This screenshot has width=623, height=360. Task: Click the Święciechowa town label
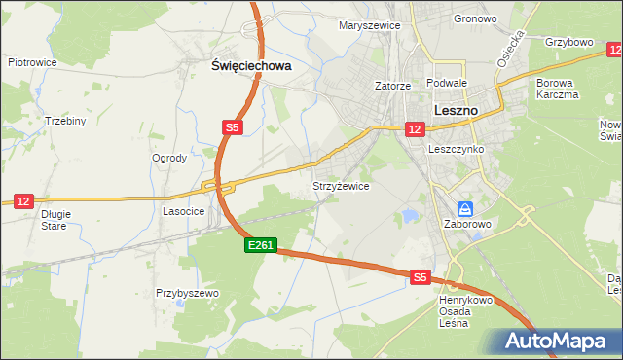[251, 66]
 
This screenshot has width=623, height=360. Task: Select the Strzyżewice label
[340, 186]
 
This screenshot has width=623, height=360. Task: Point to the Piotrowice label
[32, 62]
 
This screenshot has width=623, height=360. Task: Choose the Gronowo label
[474, 18]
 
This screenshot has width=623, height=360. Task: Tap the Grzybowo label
[569, 43]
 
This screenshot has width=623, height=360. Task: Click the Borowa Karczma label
[558, 89]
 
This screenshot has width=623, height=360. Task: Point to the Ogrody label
[169, 158]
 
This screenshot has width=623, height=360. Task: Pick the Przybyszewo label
[187, 292]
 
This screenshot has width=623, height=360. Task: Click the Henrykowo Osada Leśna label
[466, 311]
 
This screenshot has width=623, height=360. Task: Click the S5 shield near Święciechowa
[232, 127]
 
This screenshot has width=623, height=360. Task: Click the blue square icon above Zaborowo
[465, 209]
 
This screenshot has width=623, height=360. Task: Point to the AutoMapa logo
[555, 341]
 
